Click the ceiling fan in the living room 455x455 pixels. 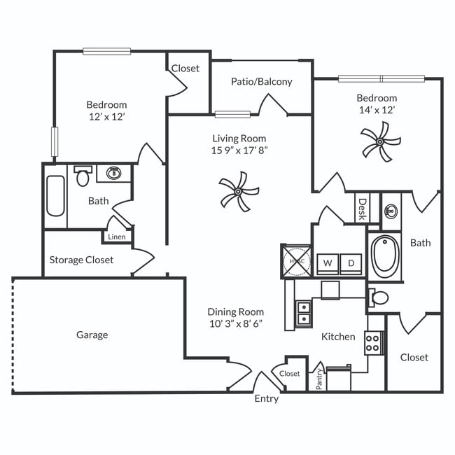239,192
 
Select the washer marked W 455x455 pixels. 326,263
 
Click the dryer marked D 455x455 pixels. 351,263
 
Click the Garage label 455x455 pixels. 92,335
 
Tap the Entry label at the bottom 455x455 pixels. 266,399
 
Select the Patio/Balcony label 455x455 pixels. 261,81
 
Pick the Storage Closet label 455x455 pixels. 81,260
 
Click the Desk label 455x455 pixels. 362,209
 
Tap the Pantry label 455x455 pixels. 319,379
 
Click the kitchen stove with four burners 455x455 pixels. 374,342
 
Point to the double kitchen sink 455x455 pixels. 303,312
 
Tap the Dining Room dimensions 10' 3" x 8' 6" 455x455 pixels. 235,323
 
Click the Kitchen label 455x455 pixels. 338,337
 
